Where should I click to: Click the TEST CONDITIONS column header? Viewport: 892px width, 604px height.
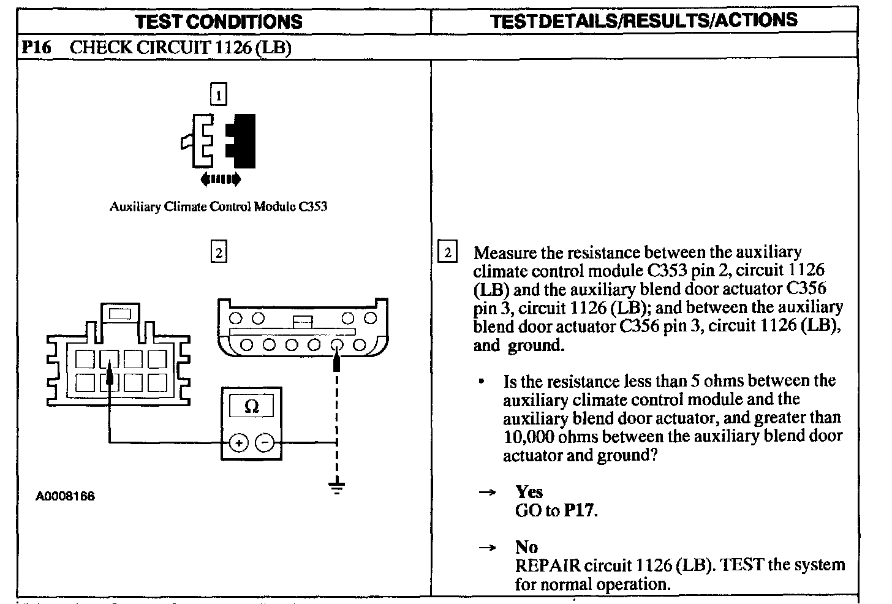[218, 22]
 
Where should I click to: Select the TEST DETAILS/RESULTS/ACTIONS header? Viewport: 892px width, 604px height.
[644, 20]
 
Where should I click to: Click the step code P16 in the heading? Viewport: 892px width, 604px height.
[36, 48]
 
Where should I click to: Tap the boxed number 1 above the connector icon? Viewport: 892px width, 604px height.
[218, 95]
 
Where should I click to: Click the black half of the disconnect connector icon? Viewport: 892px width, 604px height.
[243, 140]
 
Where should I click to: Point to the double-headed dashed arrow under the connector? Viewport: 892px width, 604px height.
[221, 179]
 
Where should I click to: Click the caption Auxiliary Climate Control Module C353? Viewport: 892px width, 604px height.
[218, 206]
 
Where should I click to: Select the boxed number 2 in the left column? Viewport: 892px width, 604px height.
[218, 252]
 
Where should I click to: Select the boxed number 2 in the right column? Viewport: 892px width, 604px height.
[448, 252]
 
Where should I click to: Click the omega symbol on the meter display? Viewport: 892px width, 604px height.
[251, 406]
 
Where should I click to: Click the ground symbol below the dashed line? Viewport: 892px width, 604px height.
[336, 488]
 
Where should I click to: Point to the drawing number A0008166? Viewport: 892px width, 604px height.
[65, 496]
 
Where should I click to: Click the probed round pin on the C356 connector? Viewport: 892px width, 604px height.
[336, 345]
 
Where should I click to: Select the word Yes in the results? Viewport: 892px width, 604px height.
[529, 492]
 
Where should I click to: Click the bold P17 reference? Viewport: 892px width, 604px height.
[579, 510]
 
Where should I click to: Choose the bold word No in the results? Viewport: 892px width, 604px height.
[526, 547]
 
